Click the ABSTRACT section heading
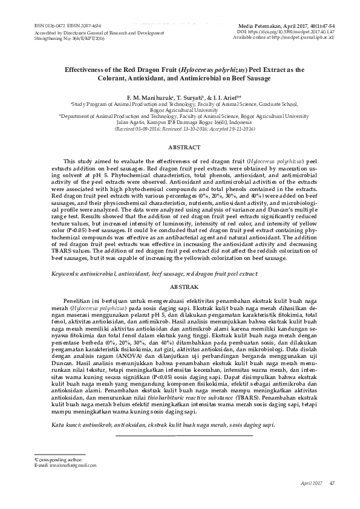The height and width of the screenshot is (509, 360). (x=183, y=146)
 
